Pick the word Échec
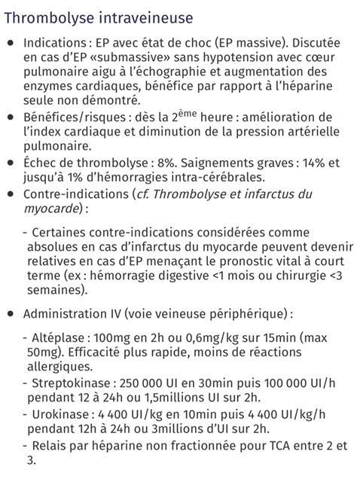40,163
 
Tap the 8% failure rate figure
172,163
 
